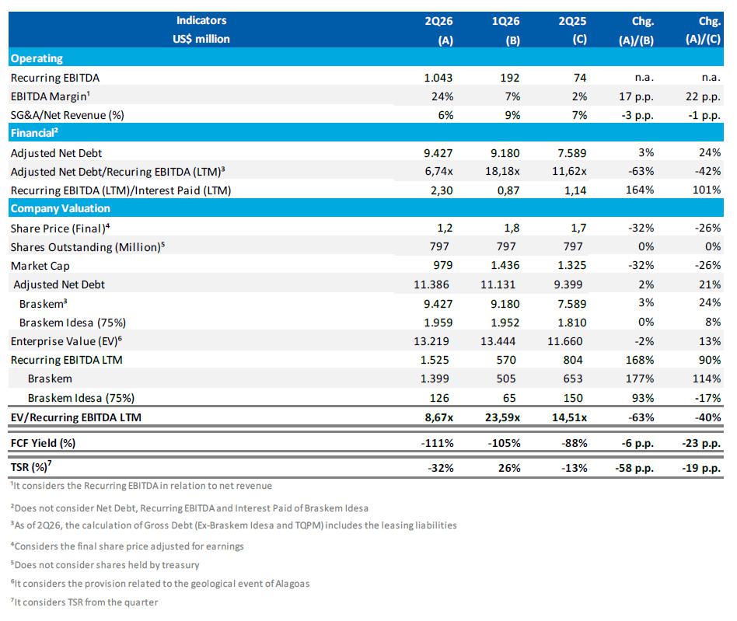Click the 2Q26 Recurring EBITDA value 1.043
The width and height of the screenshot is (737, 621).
[438, 78]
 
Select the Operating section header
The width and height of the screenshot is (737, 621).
[37, 58]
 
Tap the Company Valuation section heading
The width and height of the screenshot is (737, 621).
[60, 208]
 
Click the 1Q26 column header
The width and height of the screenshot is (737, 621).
[506, 30]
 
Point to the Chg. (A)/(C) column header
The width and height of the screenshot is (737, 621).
[703, 30]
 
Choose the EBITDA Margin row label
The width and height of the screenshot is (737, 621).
[51, 96]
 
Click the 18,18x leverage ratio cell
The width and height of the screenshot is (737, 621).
[502, 172]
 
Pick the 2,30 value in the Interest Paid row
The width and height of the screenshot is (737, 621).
[442, 190]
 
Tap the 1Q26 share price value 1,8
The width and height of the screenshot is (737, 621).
[512, 228]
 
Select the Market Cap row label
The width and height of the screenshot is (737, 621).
[40, 266]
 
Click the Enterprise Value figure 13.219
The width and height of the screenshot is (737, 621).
[431, 341]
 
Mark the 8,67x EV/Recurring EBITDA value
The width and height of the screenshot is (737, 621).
[439, 417]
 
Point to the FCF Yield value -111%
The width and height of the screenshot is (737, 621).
[437, 443]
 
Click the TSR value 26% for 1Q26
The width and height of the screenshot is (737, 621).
[509, 468]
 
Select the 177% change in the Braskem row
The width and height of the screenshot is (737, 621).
[640, 379]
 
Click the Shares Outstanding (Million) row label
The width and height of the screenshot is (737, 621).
[87, 247]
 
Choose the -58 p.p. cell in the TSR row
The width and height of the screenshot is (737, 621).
[634, 468]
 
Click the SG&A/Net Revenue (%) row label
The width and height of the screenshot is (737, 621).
[67, 115]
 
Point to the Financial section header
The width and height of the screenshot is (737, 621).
[34, 133]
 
